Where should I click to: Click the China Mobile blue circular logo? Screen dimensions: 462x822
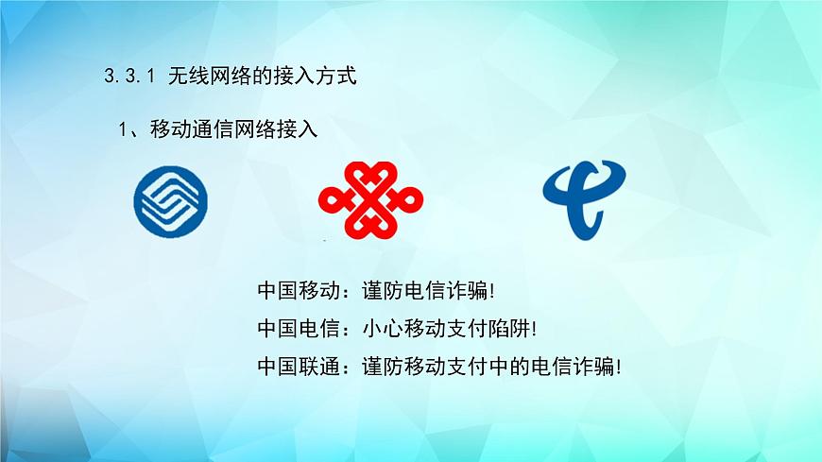coord(171,201)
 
